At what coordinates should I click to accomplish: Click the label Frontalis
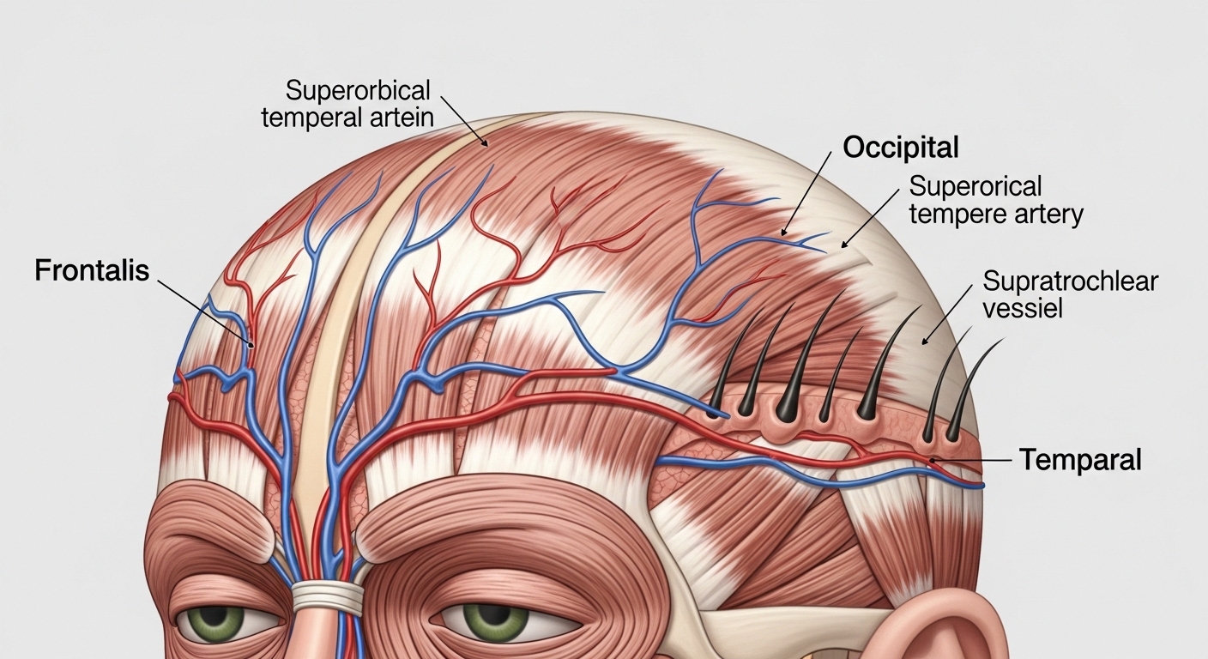coord(92,270)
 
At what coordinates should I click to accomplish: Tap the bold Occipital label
coord(901,148)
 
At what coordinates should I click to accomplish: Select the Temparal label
coord(1080,460)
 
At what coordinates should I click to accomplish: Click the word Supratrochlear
coord(1071,281)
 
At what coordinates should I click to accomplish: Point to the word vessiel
coord(1023,309)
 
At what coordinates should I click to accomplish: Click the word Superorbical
coord(358,91)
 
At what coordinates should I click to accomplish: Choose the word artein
coord(402,118)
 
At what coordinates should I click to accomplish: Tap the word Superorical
coord(975,186)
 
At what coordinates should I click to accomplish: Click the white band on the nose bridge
coord(328,596)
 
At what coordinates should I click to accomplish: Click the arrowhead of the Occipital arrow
coord(782,235)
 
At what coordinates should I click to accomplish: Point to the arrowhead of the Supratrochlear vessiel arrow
coord(922,343)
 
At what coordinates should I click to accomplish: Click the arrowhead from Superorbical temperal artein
coord(487,146)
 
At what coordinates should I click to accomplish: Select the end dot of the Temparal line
coord(933,460)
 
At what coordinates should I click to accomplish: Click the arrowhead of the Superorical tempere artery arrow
coord(842,247)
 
